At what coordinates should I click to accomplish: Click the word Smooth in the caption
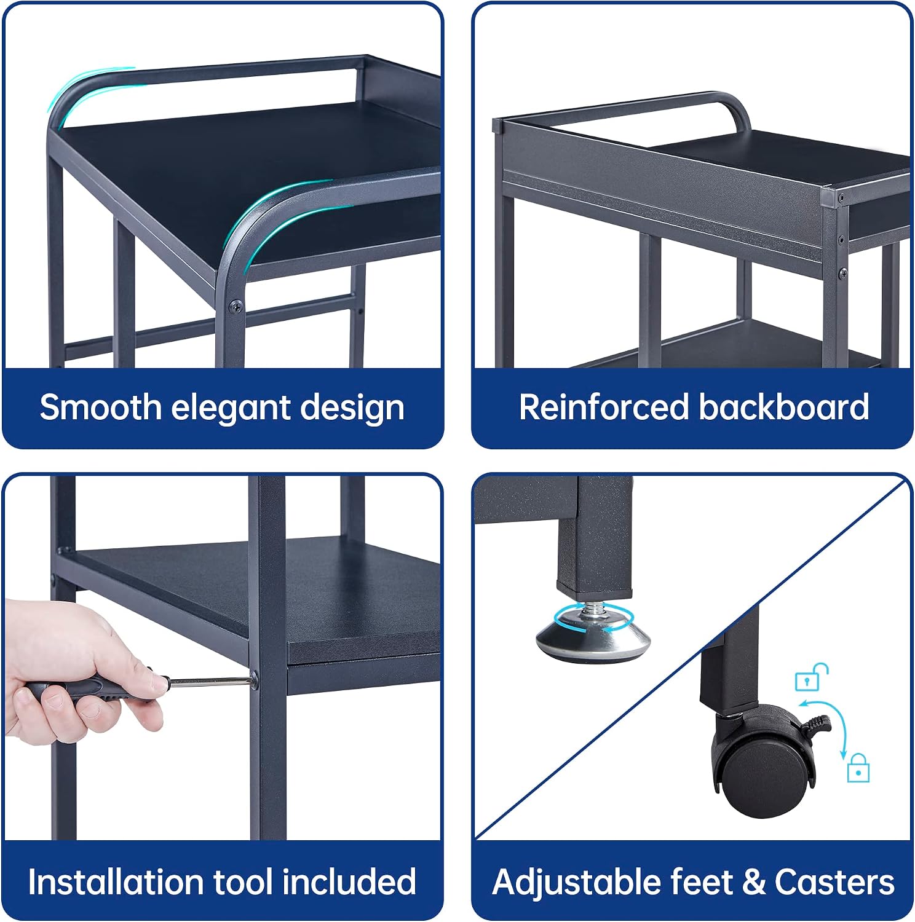[101, 407]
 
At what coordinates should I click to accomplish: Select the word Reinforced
[604, 407]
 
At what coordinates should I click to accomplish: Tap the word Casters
[834, 882]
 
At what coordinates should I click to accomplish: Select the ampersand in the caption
[754, 882]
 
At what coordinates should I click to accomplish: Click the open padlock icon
[811, 677]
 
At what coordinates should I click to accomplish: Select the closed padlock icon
[858, 768]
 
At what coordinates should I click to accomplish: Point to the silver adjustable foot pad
[593, 640]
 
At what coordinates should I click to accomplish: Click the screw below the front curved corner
[235, 306]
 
